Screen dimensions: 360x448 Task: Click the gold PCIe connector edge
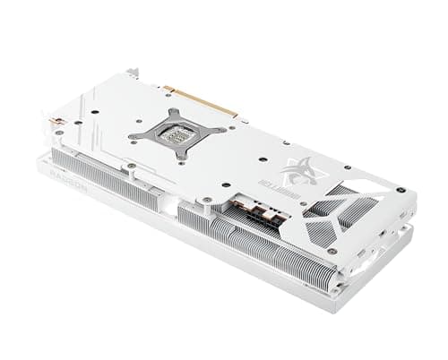tap(202, 101)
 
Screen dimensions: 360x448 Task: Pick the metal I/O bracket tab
tap(133, 72)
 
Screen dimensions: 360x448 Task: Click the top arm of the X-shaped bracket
tap(177, 115)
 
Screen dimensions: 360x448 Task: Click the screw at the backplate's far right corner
tap(401, 190)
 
